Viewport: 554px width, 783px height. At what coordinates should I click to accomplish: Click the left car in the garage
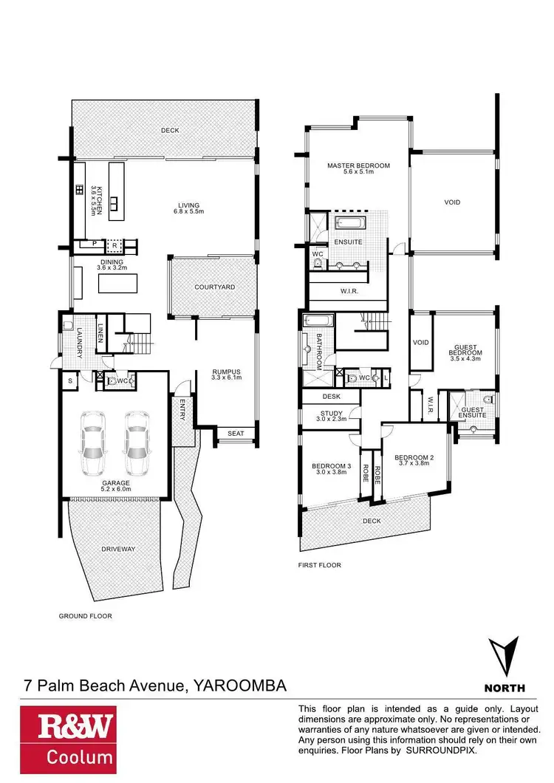(93, 443)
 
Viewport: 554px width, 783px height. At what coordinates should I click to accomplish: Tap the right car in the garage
(136, 443)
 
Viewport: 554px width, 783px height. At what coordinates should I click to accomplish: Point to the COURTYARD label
(214, 287)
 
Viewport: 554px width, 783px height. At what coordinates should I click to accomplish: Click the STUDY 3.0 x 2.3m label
(330, 417)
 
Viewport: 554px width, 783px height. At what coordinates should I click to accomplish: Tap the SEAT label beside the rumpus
(236, 434)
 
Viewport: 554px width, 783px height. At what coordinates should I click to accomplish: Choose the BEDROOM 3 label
(330, 469)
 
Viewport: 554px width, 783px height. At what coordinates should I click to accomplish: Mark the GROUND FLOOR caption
(85, 615)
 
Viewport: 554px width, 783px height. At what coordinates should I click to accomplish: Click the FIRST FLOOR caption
(318, 565)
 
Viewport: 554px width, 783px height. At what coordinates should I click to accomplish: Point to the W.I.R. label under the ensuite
(349, 291)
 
